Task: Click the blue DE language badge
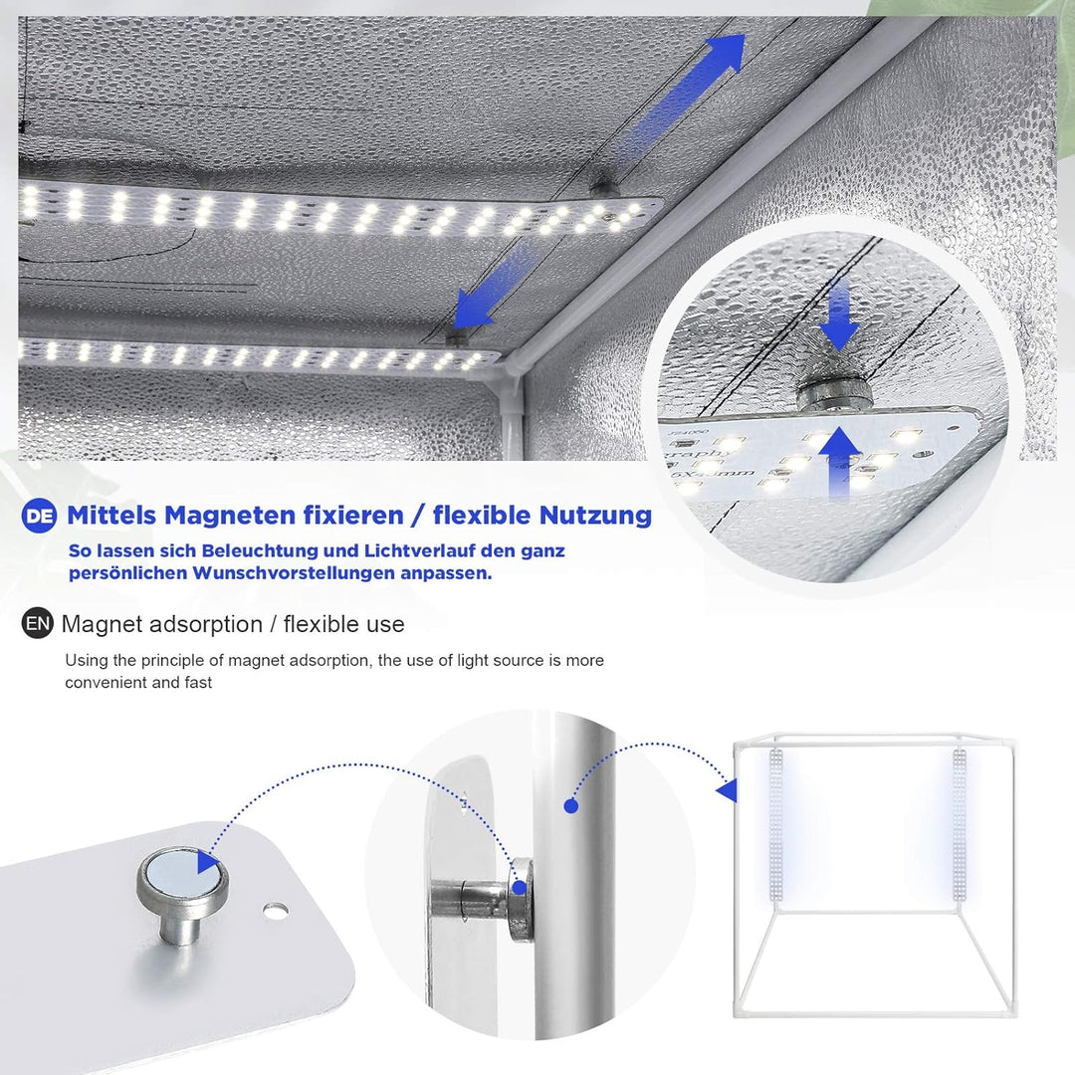[39, 516]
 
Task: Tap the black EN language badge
[37, 623]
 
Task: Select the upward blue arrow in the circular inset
[839, 462]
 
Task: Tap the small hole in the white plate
[276, 911]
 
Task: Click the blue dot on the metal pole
[571, 806]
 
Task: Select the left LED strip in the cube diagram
[776, 825]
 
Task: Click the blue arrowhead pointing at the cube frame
[728, 790]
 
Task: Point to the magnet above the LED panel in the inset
[834, 395]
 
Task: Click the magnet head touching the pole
[521, 900]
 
